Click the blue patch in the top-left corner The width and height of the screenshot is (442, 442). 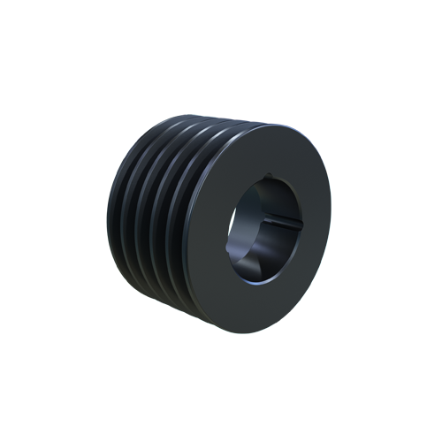click(119, 128)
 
